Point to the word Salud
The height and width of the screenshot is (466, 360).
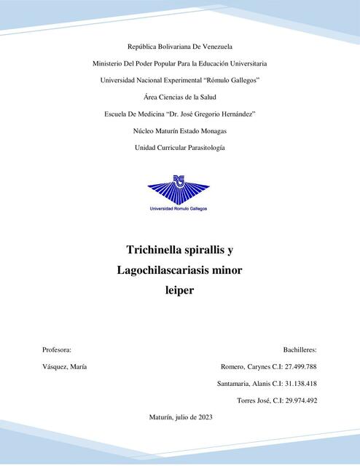[207, 97]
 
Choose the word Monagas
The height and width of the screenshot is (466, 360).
[212, 131]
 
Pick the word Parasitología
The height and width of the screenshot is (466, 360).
[203, 148]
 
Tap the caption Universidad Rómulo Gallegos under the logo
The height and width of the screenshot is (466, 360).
[179, 208]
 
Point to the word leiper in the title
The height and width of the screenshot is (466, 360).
[180, 291]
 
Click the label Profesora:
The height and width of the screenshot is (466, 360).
[57, 350]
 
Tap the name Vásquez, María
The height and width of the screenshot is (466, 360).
[65, 367]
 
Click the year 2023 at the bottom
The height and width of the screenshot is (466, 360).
[203, 417]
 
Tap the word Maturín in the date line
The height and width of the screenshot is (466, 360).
[160, 417]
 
